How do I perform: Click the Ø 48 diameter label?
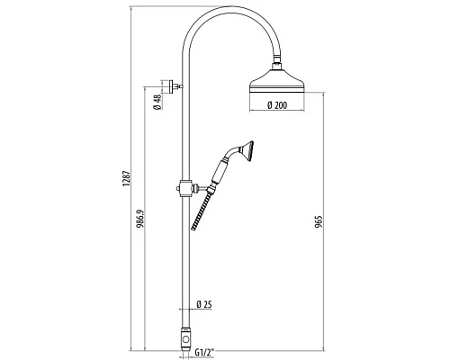tap(157, 102)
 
